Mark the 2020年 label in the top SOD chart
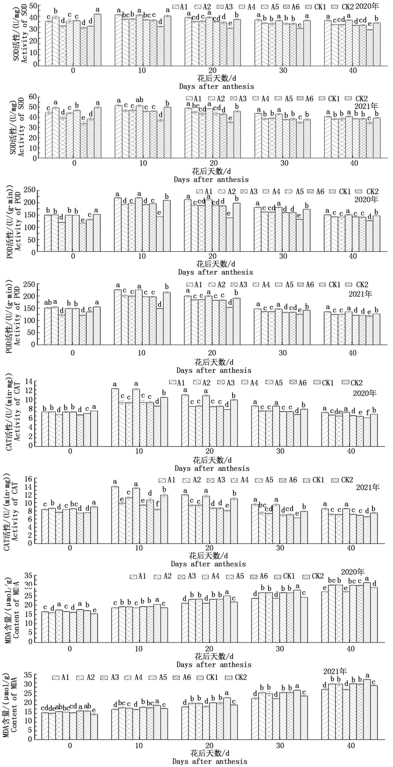pos(367,7)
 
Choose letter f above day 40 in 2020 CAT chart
pos(368,412)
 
